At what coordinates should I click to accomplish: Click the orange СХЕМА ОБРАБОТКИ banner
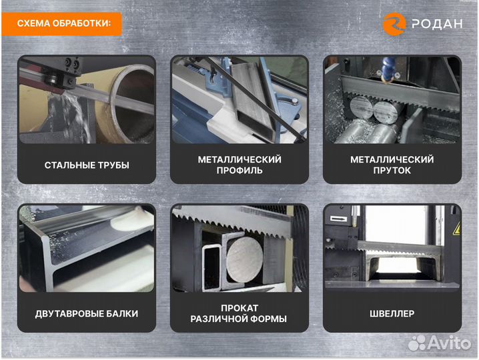tap(61, 24)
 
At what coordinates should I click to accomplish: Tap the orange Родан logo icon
tap(394, 24)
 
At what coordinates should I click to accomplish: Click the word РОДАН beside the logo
tap(437, 24)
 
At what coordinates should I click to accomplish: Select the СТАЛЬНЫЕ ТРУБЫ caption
tap(87, 165)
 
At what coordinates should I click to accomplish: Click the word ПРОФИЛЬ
tap(239, 171)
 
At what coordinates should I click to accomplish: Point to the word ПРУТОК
tap(392, 171)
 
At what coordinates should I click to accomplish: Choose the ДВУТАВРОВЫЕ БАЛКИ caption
tap(87, 313)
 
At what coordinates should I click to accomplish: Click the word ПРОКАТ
tap(239, 308)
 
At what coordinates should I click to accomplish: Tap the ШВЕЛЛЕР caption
tap(392, 313)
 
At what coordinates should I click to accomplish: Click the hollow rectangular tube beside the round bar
tap(211, 267)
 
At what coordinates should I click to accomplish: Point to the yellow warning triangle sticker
tap(456, 229)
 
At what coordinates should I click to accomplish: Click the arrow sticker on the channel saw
tap(339, 219)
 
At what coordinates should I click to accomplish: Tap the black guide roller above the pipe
tap(53, 80)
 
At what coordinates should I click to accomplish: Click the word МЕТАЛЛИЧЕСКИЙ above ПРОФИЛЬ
tap(239, 159)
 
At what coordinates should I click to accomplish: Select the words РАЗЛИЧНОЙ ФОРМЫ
tap(239, 319)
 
